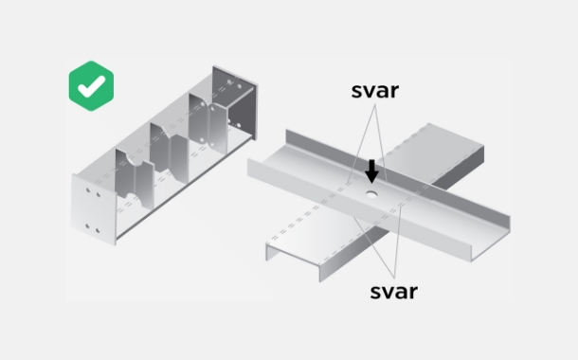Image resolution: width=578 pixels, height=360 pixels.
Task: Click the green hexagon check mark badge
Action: pyautogui.click(x=91, y=86)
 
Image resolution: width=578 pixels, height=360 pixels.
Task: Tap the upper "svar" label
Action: pyautogui.click(x=375, y=91)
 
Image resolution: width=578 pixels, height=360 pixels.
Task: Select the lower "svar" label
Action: pyautogui.click(x=393, y=292)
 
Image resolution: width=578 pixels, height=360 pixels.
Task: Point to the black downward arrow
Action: pyautogui.click(x=371, y=171)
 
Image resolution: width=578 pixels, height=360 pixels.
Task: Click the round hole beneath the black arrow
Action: pyautogui.click(x=371, y=194)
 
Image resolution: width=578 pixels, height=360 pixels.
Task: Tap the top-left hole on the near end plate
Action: pyautogui.click(x=88, y=190)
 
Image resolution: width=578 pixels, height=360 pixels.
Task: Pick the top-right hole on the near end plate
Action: pyautogui.click(x=99, y=194)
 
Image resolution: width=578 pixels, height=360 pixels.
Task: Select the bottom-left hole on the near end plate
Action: pyautogui.click(x=88, y=225)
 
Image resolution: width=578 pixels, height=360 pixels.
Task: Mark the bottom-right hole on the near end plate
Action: pyautogui.click(x=98, y=230)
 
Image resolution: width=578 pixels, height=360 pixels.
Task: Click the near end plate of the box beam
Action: pyautogui.click(x=94, y=209)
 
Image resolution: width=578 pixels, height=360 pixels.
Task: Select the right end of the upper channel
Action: pyautogui.click(x=491, y=239)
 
